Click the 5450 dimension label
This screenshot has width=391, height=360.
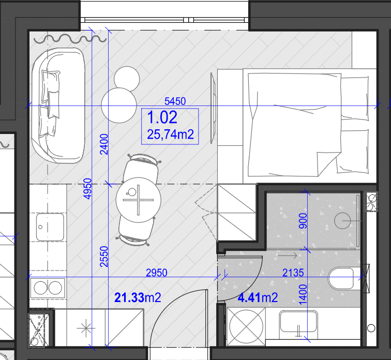[175, 101]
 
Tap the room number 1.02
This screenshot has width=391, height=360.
[162, 117]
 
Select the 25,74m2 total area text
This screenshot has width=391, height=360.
[170, 134]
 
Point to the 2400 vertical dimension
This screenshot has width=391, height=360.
[104, 144]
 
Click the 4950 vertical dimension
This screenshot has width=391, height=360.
[87, 189]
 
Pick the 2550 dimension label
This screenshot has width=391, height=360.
[104, 257]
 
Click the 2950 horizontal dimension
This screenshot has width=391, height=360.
[157, 273]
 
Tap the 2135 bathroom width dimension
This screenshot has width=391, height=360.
[293, 273]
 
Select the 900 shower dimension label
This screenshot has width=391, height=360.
[303, 221]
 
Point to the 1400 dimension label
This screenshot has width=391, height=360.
[303, 295]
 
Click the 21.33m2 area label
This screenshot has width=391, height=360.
[138, 297]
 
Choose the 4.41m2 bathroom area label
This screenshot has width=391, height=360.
[258, 297]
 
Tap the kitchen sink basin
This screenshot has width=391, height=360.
[50, 227]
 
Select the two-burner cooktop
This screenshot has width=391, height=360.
[48, 288]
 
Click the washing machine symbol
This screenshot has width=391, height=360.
[246, 326]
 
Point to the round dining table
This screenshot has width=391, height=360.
[139, 200]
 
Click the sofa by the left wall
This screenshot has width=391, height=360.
[58, 106]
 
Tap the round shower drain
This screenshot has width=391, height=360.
[342, 221]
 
